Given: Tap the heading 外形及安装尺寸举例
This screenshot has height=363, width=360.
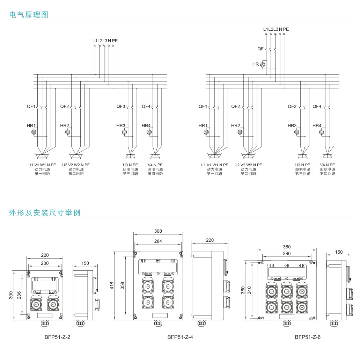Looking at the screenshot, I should point(45,212).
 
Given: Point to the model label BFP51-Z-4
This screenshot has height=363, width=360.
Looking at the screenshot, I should point(180,337).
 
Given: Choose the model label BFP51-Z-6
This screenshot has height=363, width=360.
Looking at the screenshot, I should point(308,337).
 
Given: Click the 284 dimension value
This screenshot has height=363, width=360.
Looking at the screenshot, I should point(158,241).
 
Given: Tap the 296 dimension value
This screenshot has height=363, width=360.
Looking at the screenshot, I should point(287,254).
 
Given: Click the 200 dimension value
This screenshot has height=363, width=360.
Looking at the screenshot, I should point(45,263).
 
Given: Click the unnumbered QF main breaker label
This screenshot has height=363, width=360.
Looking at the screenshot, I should point(260,49).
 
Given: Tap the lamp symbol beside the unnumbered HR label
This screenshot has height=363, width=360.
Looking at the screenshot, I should point(263,65).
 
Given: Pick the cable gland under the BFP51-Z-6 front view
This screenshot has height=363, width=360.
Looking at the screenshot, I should point(287,324).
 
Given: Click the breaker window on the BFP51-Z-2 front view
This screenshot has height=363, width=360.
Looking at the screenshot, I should point(44,286).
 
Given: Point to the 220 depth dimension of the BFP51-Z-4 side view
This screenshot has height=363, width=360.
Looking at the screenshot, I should point(210,240).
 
